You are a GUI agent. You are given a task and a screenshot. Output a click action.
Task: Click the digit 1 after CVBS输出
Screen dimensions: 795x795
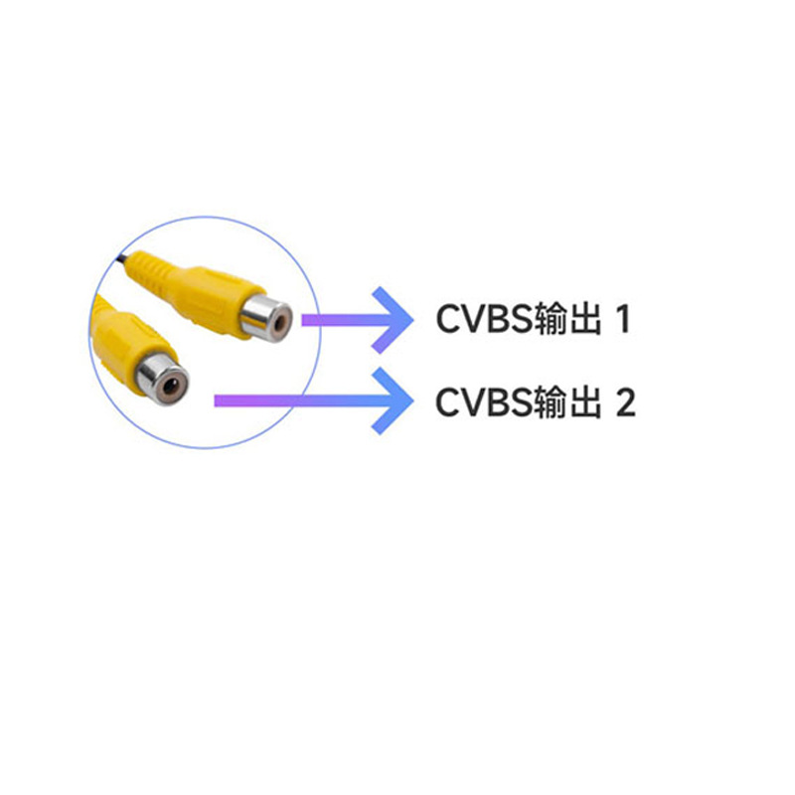click(x=624, y=319)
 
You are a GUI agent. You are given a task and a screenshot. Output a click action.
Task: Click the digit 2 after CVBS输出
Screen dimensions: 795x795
click(x=626, y=402)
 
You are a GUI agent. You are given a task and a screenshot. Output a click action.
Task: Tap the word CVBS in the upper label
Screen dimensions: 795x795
click(x=484, y=319)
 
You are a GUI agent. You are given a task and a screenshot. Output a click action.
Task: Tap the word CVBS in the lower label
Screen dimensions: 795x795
click(x=484, y=402)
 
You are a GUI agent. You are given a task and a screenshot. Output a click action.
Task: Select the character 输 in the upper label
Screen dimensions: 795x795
click(x=552, y=319)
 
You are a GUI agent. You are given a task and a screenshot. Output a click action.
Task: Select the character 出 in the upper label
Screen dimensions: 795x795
click(x=585, y=319)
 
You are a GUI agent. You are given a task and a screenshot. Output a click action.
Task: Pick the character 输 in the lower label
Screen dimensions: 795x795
click(x=552, y=402)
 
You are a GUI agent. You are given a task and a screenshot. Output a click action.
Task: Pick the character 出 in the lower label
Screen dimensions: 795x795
click(x=585, y=402)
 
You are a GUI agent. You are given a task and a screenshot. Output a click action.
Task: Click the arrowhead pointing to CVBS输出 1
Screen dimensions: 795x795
click(x=394, y=320)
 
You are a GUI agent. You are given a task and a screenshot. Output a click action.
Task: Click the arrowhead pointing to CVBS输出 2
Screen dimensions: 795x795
click(x=394, y=401)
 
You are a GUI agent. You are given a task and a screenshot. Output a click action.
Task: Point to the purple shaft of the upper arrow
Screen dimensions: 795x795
click(x=345, y=320)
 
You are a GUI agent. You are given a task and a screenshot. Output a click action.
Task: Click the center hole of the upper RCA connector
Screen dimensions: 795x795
click(x=279, y=321)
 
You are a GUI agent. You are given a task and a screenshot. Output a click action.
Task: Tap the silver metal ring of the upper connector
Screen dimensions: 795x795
click(x=265, y=318)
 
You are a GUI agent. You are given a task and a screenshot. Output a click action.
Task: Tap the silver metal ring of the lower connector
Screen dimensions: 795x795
click(x=161, y=379)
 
